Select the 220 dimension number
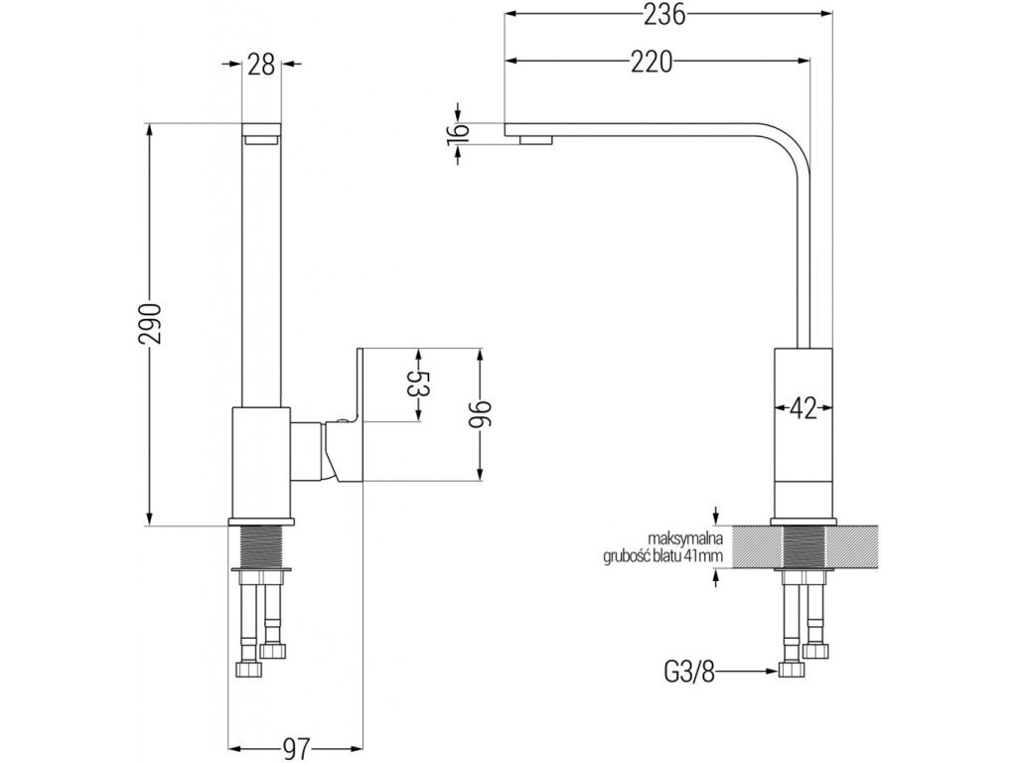(653, 63)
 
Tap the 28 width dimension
(262, 66)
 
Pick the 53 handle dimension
(418, 384)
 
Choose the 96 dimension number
(481, 412)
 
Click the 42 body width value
(802, 407)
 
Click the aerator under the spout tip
(536, 140)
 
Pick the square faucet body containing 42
(803, 432)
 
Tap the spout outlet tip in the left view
(262, 133)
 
